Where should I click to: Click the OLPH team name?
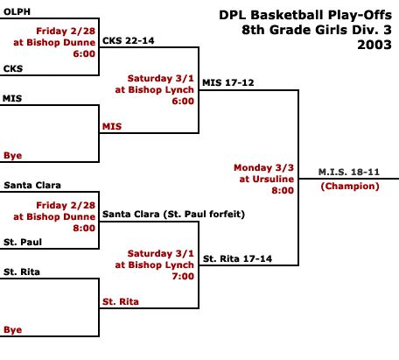pos(17,11)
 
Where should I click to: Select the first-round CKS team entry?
pos(13,68)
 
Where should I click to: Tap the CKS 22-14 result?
pos(129,40)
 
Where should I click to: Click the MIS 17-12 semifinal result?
pos(228,82)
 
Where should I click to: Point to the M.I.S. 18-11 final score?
pos(349,172)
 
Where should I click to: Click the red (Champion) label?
pos(350,187)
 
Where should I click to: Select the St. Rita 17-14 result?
pos(237,258)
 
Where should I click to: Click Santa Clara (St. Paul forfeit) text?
pos(173,215)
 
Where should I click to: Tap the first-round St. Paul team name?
pos(23,242)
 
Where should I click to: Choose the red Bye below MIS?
pos(13,156)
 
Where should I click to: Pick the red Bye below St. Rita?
pos(13,330)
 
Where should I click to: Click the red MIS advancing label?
pos(112,126)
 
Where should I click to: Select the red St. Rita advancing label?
pos(121,301)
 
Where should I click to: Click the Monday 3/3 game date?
pos(263,168)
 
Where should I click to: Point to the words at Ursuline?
pos(267,179)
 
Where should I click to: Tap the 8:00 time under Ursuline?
pos(283,190)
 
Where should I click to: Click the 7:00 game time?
pos(183,276)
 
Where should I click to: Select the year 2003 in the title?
pos(374,45)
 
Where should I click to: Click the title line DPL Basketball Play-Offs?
pos(305,15)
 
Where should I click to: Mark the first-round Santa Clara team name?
pos(32,185)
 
